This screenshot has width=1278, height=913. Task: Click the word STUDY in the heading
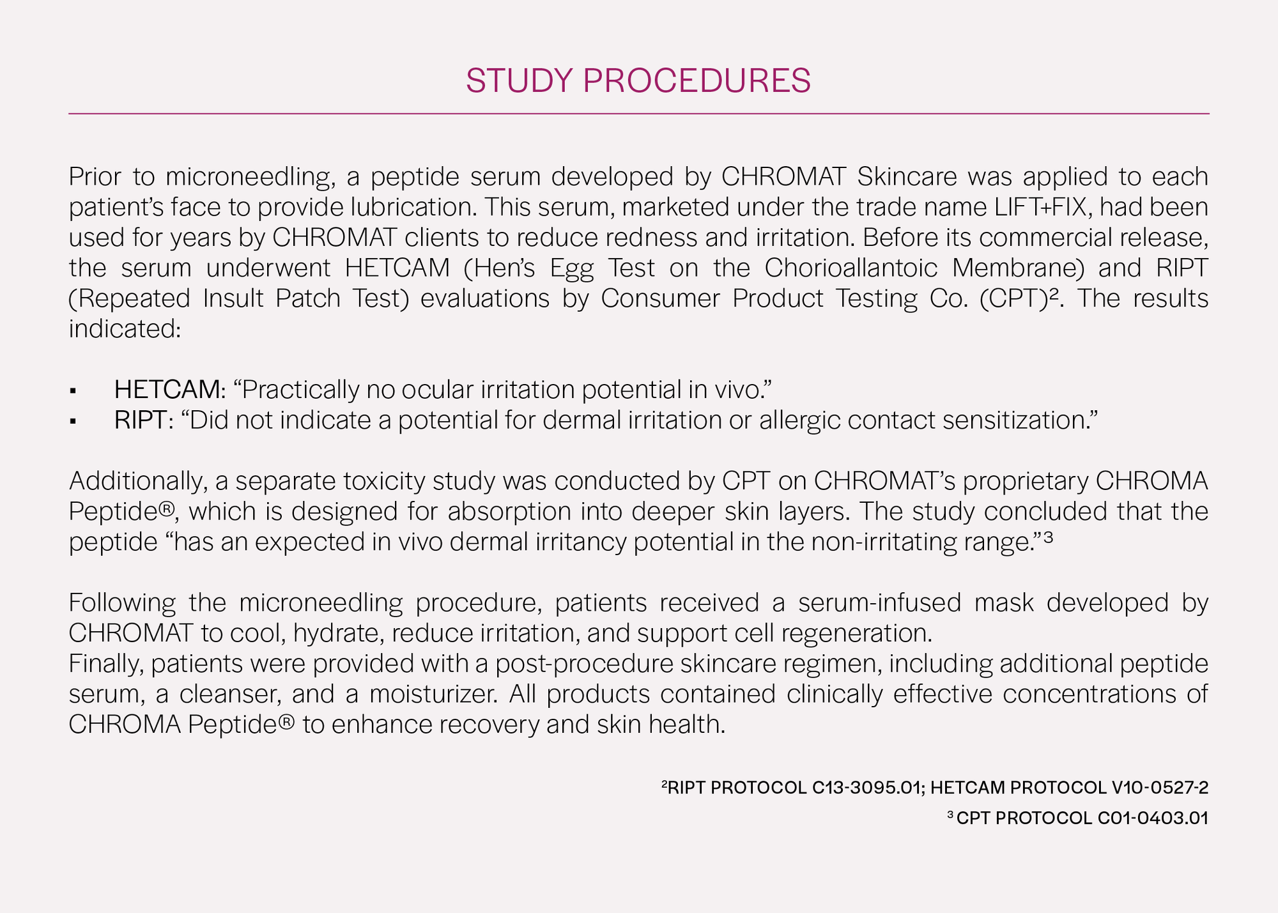click(519, 81)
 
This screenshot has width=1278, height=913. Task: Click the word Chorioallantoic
click(851, 268)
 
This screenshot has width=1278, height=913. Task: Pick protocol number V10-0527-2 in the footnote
click(1160, 788)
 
